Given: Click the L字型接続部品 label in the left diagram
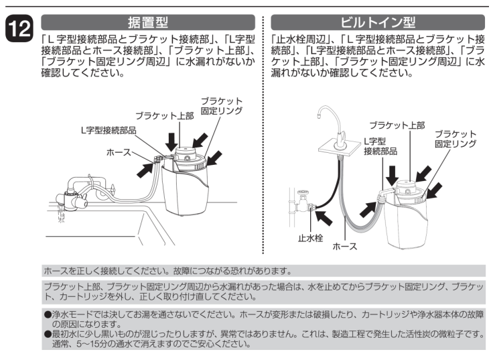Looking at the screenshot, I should (109, 131).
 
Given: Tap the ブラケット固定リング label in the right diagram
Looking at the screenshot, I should (455, 139).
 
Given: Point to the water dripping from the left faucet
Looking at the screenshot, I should (62, 217).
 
